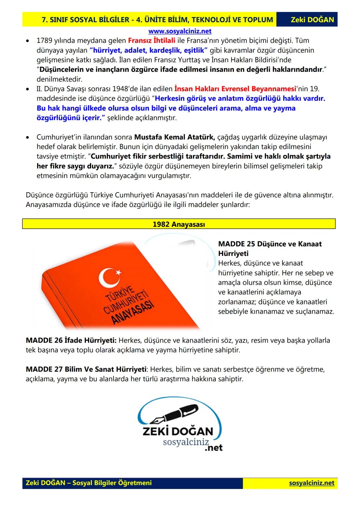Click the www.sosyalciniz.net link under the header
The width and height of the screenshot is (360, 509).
point(180,31)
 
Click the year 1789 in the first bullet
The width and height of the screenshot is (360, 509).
point(44,41)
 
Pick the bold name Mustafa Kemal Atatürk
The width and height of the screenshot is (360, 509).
point(174,137)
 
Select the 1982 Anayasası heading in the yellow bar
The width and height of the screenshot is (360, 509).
point(179,224)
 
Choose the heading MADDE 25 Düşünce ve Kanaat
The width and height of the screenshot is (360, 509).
point(270,244)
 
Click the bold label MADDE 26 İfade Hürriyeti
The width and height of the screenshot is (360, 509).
point(71,340)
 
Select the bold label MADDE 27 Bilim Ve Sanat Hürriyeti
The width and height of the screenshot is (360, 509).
point(86,369)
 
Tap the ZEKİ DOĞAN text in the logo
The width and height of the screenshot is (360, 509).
point(177,431)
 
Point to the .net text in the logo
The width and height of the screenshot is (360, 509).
point(213,448)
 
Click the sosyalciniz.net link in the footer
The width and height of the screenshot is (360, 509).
point(311,483)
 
